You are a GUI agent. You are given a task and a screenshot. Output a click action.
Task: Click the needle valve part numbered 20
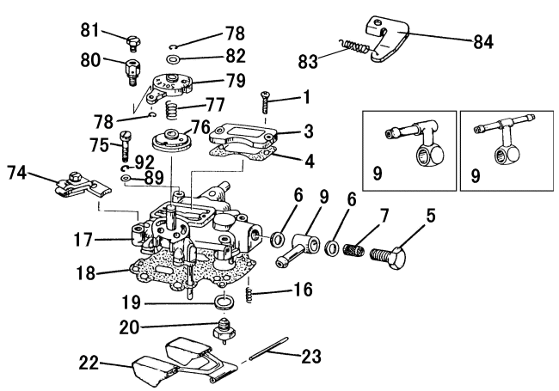click(x=226, y=329)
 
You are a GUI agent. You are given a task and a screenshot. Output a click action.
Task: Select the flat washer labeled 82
click(x=173, y=60)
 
